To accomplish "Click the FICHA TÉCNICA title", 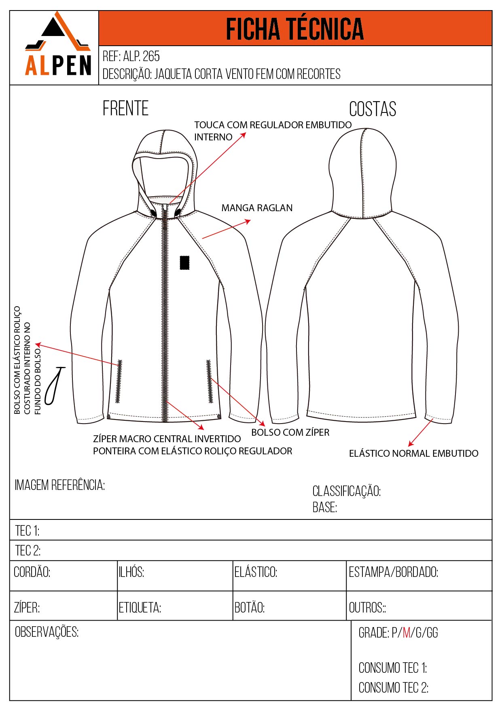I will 294,29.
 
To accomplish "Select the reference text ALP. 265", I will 141,56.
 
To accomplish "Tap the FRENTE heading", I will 125,108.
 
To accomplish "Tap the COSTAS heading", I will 373,109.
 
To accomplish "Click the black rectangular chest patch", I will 184,263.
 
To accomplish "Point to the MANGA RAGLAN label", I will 257,208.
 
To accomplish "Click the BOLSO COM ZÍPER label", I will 290,432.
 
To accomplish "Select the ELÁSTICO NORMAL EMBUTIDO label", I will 413,454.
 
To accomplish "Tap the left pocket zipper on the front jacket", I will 119,381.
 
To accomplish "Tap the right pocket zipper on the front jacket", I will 209,381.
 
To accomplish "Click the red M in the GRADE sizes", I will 407,633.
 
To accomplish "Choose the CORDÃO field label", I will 32,572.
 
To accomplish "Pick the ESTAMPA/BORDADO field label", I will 393,572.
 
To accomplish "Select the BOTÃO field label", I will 250,608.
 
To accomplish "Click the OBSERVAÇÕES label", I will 47,632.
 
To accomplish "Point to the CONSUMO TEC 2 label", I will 393,687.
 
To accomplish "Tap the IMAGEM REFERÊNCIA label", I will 60,485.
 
